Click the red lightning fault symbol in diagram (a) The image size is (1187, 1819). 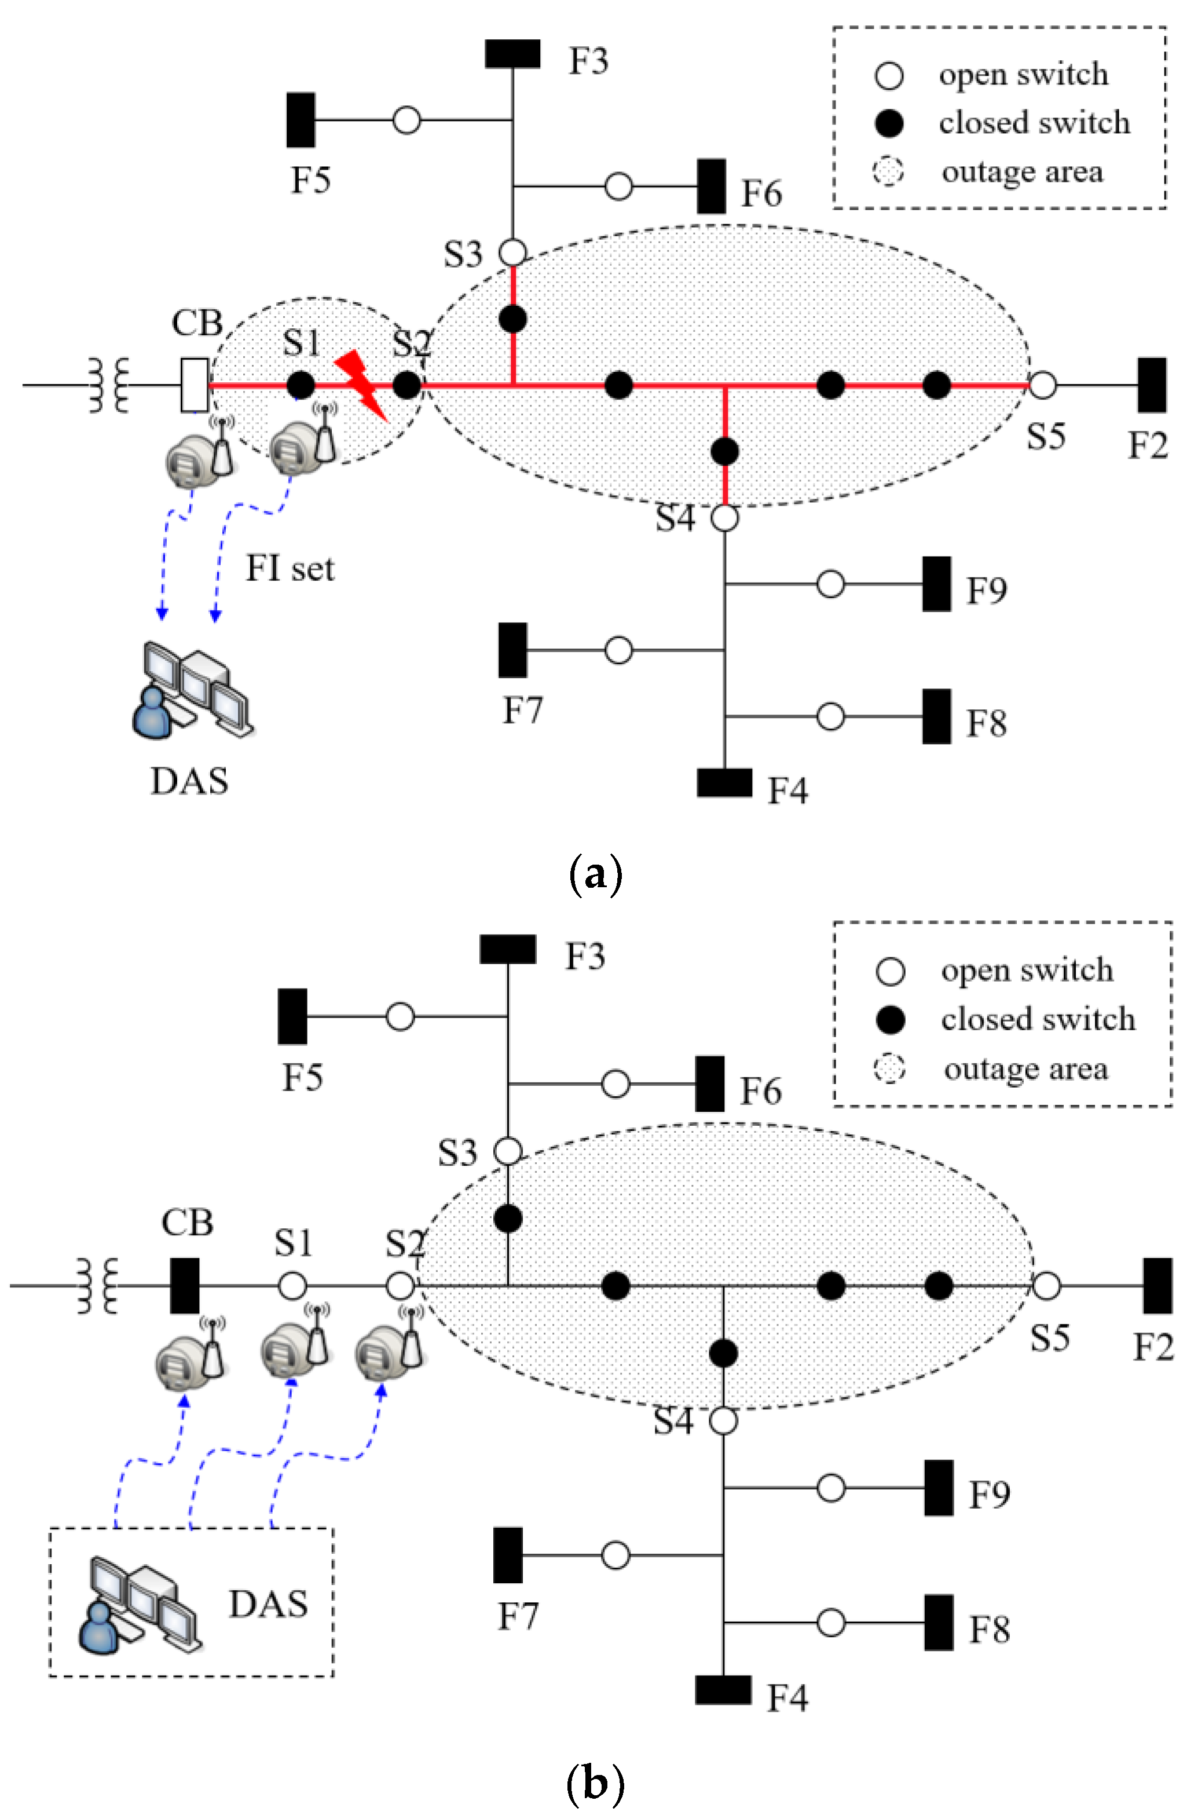[x=363, y=385]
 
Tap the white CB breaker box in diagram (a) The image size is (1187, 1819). [x=194, y=385]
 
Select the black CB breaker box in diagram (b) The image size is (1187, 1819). [x=184, y=1286]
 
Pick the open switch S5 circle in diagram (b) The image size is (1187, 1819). [x=1046, y=1286]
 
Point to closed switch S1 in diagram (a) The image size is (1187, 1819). [x=301, y=385]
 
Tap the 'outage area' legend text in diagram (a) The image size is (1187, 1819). [x=1022, y=172]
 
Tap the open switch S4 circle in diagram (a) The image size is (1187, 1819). [x=724, y=517]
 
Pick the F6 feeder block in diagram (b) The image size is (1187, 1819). [x=709, y=1083]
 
